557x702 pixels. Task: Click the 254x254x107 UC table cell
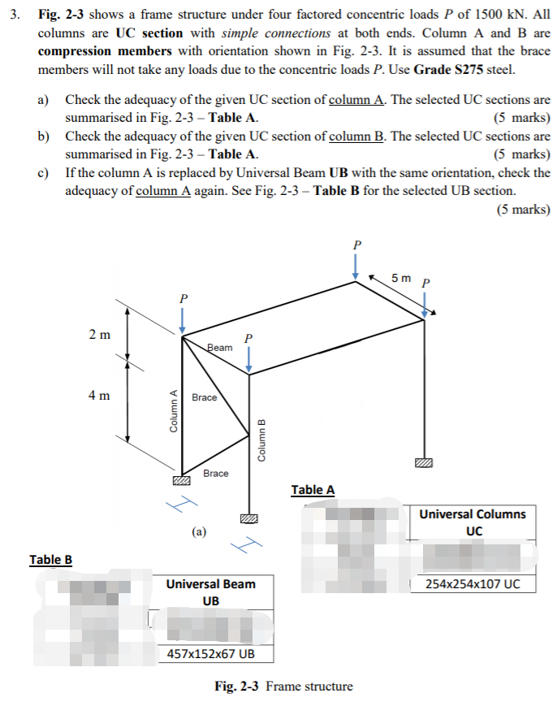click(474, 584)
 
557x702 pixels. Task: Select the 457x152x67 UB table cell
click(210, 654)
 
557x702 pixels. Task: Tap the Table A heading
click(313, 489)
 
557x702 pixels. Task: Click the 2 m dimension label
click(101, 334)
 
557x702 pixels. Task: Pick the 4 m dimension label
click(101, 396)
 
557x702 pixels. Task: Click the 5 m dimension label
click(401, 278)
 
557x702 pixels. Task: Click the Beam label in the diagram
click(219, 347)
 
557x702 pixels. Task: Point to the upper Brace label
click(205, 397)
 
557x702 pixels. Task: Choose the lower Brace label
click(215, 473)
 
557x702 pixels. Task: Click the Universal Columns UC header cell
click(473, 522)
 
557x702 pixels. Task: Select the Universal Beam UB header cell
click(210, 591)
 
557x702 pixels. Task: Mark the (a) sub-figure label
click(199, 532)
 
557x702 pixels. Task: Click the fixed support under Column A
click(183, 483)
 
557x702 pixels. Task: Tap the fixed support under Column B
click(249, 518)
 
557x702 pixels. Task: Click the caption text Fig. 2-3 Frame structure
click(283, 686)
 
